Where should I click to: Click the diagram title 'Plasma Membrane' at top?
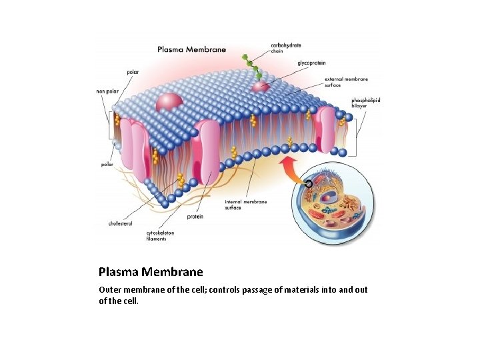click(x=191, y=49)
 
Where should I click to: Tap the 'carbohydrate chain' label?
click(x=285, y=47)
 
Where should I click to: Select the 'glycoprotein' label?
click(x=311, y=63)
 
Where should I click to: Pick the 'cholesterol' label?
click(x=120, y=223)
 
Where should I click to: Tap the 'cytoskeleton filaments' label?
click(x=160, y=235)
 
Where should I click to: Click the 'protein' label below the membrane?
click(x=195, y=217)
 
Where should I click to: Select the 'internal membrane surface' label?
click(x=245, y=204)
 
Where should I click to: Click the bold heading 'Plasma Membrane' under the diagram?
click(x=151, y=272)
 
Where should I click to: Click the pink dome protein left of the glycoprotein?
click(x=169, y=101)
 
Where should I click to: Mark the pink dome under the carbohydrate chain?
click(x=260, y=87)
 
